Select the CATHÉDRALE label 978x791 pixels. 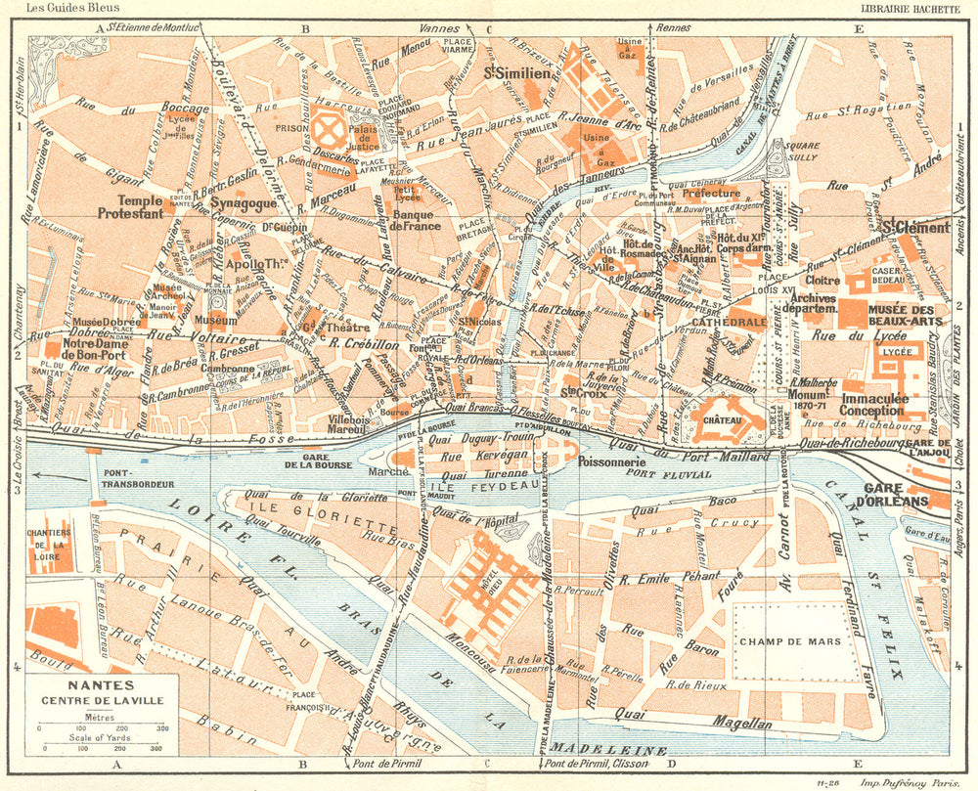730,321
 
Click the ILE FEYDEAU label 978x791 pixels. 471,483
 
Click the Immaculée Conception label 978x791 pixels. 871,405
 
